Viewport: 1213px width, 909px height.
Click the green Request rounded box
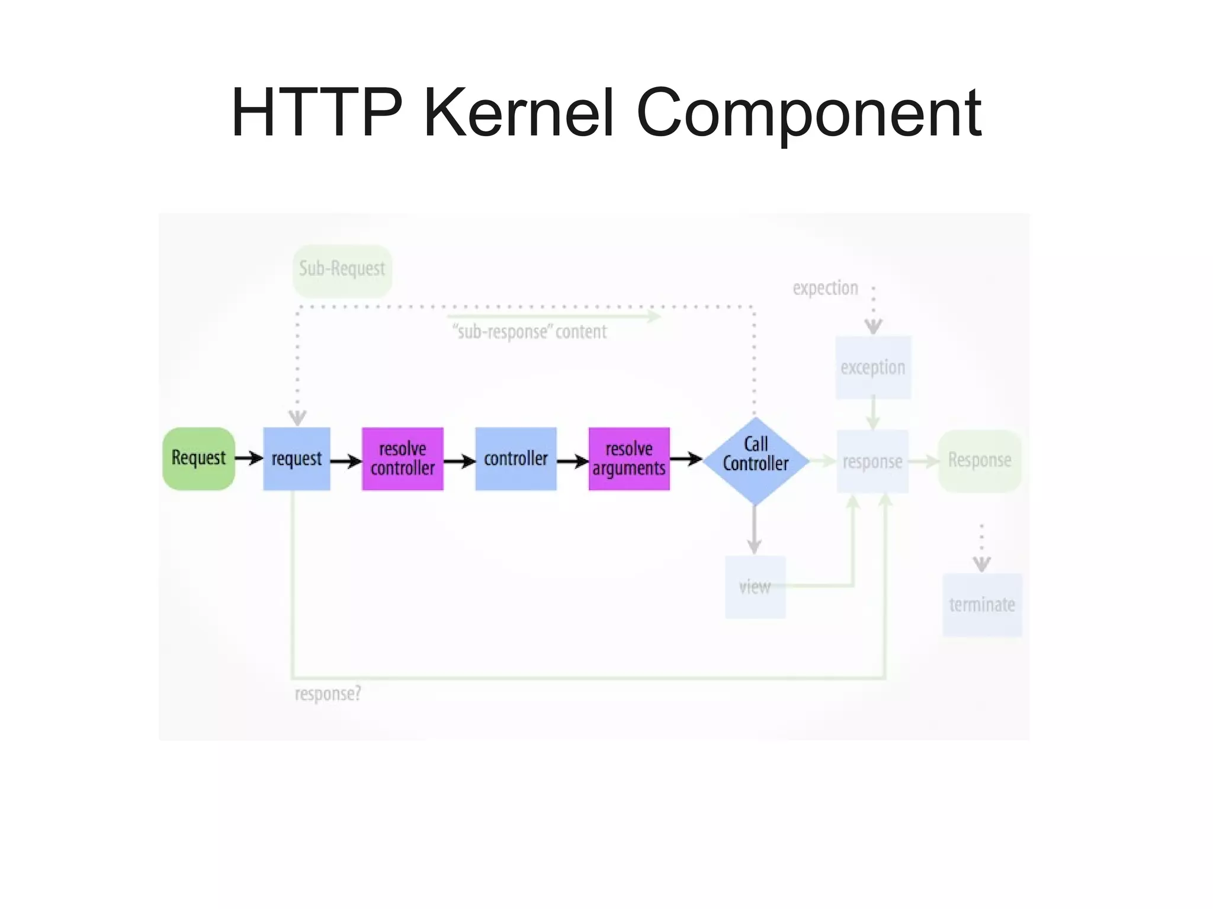(198, 458)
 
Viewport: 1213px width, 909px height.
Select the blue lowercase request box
(296, 458)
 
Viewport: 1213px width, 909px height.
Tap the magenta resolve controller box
(402, 458)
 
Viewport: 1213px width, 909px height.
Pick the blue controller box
(515, 458)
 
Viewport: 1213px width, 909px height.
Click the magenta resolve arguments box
(628, 458)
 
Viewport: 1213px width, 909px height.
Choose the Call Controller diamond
(755, 460)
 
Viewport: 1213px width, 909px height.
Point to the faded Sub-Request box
(342, 270)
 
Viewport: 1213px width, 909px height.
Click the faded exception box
(872, 367)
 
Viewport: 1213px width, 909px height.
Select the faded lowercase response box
(872, 461)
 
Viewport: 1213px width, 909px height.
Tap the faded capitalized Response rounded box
(979, 460)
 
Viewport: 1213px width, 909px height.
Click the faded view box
(755, 587)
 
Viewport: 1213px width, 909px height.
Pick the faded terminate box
(981, 605)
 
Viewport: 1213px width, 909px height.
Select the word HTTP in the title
(316, 113)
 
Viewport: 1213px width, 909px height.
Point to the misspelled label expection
(825, 288)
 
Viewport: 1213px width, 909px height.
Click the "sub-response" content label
(530, 332)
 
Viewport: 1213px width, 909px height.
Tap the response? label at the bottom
(328, 693)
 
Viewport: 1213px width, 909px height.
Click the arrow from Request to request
(249, 458)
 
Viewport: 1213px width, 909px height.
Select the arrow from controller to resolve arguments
(572, 461)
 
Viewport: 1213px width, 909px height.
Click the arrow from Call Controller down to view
(754, 529)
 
